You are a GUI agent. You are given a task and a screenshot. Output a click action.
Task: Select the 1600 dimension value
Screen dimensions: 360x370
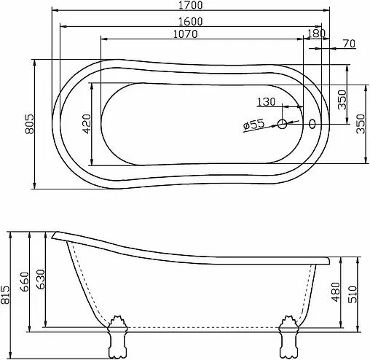coord(188,22)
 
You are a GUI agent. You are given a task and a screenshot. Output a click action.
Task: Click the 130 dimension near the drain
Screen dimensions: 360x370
coord(267,102)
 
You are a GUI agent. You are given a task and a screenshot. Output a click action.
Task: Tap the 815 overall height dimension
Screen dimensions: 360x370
coord(7,294)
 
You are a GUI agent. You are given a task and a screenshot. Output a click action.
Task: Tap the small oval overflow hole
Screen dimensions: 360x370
coord(314,125)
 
